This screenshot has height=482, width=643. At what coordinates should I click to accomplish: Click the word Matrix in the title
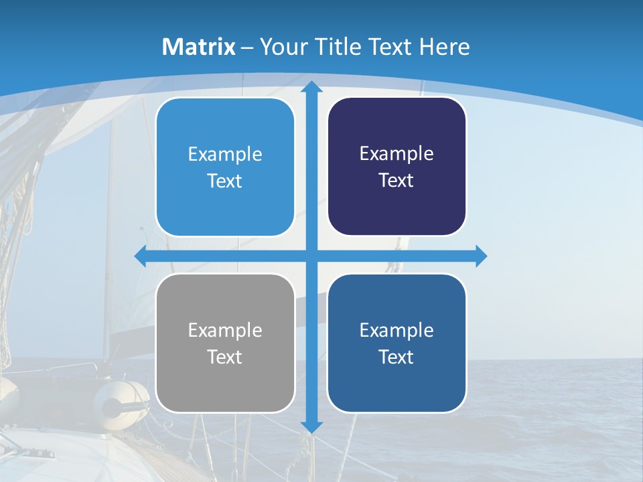[199, 47]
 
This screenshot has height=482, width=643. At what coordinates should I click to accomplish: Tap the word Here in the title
[445, 47]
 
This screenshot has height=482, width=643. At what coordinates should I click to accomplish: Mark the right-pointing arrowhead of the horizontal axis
[480, 256]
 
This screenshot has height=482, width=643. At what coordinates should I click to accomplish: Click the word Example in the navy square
[397, 154]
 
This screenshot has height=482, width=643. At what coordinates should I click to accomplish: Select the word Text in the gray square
[225, 357]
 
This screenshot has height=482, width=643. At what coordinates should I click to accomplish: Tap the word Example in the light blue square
[225, 155]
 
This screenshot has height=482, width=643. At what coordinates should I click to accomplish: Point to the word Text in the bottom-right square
[397, 357]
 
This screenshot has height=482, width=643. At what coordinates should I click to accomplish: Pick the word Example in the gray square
[225, 330]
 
